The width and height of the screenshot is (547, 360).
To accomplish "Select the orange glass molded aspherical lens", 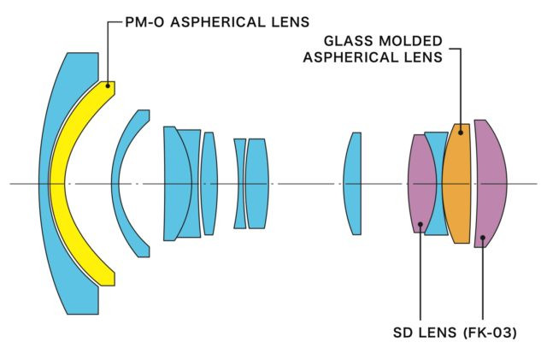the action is coord(456,184).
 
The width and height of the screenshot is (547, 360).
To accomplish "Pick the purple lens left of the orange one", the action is coord(421,184).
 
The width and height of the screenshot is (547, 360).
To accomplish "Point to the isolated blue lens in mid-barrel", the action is coord(352,184).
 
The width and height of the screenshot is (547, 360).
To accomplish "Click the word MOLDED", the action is coord(410,41).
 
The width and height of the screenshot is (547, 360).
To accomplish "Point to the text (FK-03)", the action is coord(490,333).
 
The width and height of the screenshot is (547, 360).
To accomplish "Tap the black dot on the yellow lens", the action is coord(108,86).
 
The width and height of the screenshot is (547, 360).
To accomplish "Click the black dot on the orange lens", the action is coord(461,133).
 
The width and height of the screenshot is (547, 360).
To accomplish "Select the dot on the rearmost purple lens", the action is coord(483,238).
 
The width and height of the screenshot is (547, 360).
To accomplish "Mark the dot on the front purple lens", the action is coord(421,224).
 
